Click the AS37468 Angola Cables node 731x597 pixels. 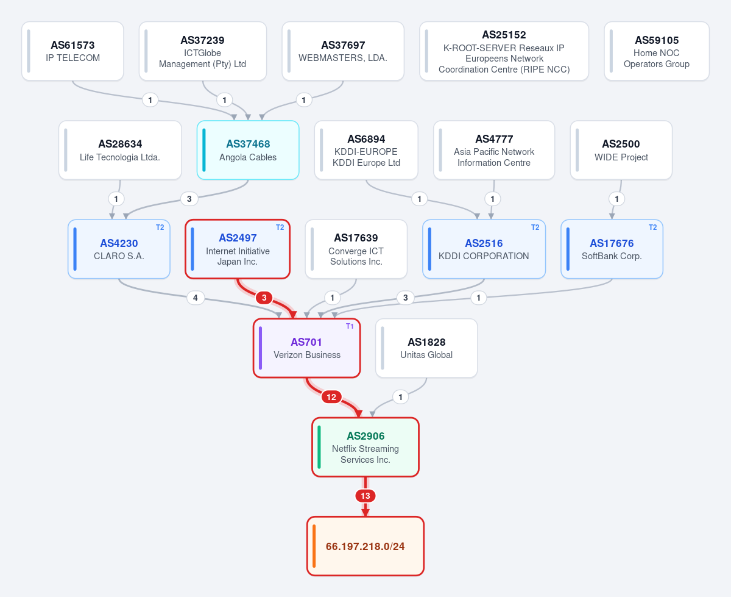click(x=248, y=150)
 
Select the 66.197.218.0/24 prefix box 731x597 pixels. click(x=365, y=546)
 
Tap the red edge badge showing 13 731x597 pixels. click(x=365, y=496)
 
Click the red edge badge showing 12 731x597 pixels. click(x=331, y=397)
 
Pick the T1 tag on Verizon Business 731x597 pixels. click(x=350, y=326)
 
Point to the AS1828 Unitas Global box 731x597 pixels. click(x=426, y=348)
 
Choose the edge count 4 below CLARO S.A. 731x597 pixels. click(x=196, y=298)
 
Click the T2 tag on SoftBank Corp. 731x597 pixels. click(x=652, y=227)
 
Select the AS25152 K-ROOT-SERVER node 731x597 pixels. click(x=504, y=51)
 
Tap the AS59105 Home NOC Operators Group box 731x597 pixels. click(x=657, y=51)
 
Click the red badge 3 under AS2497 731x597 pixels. click(x=264, y=298)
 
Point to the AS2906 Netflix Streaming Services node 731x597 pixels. click(x=365, y=447)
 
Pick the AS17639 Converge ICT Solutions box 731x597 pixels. click(x=356, y=249)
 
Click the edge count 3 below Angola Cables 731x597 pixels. click(x=189, y=199)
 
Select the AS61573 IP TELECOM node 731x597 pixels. click(x=72, y=51)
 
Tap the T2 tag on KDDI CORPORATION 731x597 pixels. click(x=535, y=227)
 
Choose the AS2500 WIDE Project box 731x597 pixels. click(x=621, y=150)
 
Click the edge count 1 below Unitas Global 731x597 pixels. click(x=401, y=397)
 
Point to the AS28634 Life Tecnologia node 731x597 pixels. click(x=120, y=150)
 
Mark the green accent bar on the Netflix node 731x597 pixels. click(x=319, y=447)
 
